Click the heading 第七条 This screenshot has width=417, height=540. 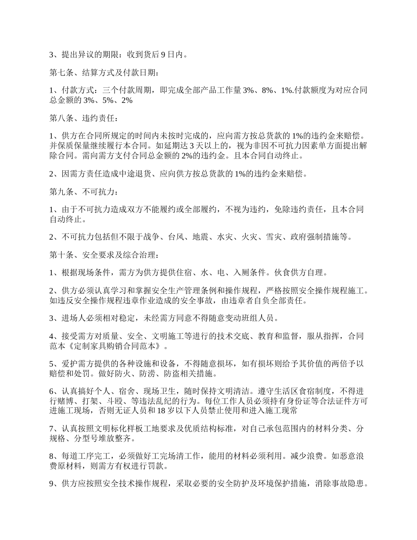click(x=61, y=72)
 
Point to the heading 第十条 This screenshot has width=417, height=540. click(x=61, y=254)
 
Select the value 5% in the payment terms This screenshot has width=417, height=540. click(x=105, y=100)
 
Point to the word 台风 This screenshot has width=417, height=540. click(x=176, y=237)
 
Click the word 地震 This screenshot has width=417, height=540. click(x=201, y=237)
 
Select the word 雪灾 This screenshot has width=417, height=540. click(x=275, y=237)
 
